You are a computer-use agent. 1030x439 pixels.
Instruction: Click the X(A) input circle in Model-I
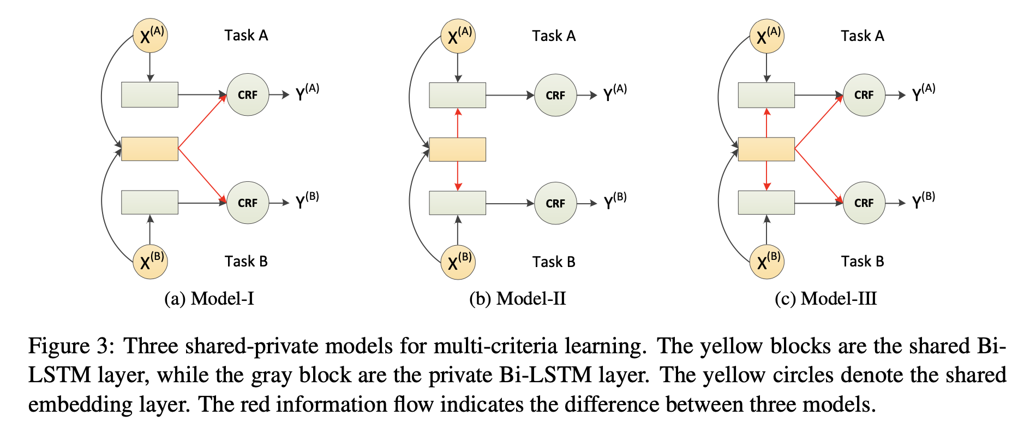150,35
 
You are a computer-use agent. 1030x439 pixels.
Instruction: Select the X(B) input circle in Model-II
458,262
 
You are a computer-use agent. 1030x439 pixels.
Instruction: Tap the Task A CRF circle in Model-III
864,95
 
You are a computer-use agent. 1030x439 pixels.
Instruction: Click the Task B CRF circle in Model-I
247,203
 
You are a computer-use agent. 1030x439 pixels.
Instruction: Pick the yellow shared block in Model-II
457,149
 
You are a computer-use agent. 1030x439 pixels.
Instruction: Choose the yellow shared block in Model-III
766,149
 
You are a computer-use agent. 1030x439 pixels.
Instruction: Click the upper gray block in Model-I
149,94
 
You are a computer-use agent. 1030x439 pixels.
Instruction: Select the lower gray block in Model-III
766,203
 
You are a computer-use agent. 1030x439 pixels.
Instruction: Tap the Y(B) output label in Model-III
923,200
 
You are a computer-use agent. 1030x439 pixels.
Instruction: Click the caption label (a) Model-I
209,299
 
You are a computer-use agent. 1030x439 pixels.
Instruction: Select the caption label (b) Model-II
517,299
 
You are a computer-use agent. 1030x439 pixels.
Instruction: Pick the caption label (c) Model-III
825,299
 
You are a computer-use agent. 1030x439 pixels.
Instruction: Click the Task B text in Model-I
246,262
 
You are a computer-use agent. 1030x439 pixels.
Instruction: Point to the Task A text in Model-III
862,36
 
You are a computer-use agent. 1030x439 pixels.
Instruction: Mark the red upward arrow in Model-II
458,122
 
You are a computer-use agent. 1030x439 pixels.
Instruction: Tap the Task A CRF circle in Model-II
555,96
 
